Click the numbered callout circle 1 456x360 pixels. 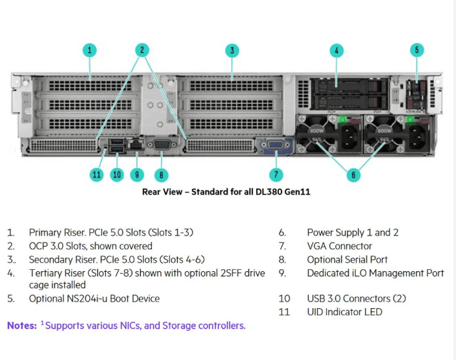[90, 49]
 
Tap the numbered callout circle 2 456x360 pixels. [143, 49]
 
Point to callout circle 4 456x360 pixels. [336, 49]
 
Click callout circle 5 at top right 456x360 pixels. [418, 49]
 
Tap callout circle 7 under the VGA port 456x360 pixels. [276, 174]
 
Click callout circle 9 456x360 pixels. [136, 174]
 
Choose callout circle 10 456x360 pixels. [117, 174]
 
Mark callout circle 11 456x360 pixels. [96, 174]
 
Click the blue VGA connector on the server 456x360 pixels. [276, 146]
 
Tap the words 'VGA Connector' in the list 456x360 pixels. [339, 246]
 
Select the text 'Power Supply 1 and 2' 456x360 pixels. [352, 232]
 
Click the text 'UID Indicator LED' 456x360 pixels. [344, 312]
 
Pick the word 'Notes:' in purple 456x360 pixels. [21, 326]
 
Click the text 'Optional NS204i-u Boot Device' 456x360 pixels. [94, 298]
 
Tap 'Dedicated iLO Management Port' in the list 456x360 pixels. [376, 272]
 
